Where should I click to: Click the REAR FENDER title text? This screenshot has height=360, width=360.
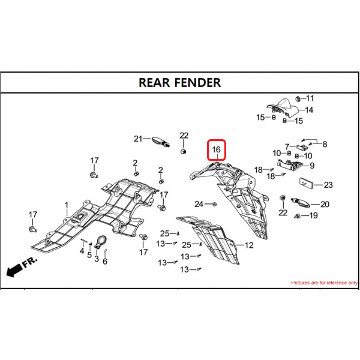180,83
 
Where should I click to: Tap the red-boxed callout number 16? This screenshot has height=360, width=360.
216,149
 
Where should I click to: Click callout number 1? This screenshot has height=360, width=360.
67,205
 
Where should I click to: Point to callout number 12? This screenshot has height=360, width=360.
249,245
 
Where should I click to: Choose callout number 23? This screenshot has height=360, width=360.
328,185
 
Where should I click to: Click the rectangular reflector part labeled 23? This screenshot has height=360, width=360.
306,183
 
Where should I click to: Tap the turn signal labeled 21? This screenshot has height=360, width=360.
161,142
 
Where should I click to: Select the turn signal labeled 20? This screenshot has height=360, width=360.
301,202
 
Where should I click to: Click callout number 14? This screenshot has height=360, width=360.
309,110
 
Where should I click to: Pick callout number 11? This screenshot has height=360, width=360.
310,98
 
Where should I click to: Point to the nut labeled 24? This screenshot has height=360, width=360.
215,204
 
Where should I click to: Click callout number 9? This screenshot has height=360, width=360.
312,166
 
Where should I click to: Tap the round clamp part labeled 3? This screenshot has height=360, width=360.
100,242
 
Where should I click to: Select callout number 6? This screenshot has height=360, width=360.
105,261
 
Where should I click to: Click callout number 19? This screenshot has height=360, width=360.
313,215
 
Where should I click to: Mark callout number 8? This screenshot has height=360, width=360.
325,144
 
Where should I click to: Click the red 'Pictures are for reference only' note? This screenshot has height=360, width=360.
324,283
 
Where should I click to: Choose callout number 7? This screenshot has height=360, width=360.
287,146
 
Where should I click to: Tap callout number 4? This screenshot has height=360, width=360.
82,251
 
